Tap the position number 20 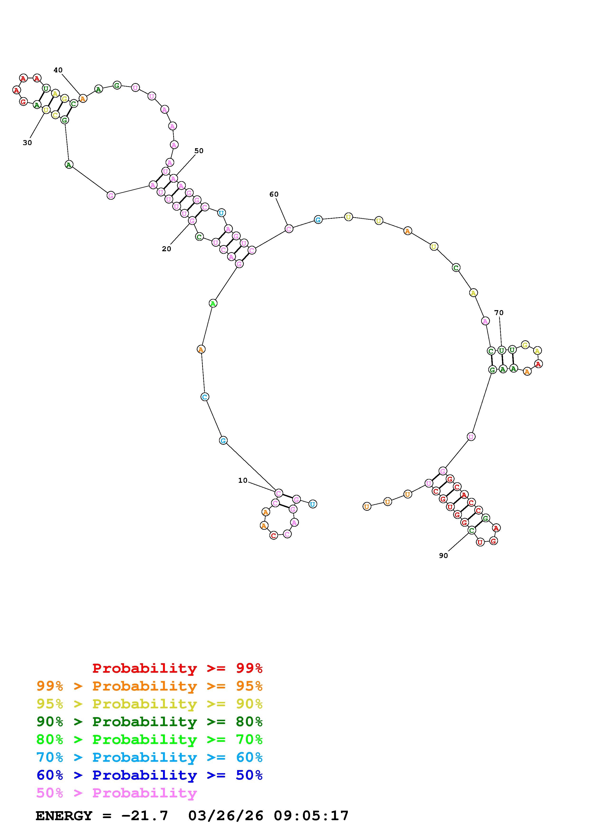tap(166, 249)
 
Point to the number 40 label tap(58, 70)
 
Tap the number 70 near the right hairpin tap(499, 313)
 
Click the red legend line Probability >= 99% tap(177, 668)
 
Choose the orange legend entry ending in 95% tap(149, 686)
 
